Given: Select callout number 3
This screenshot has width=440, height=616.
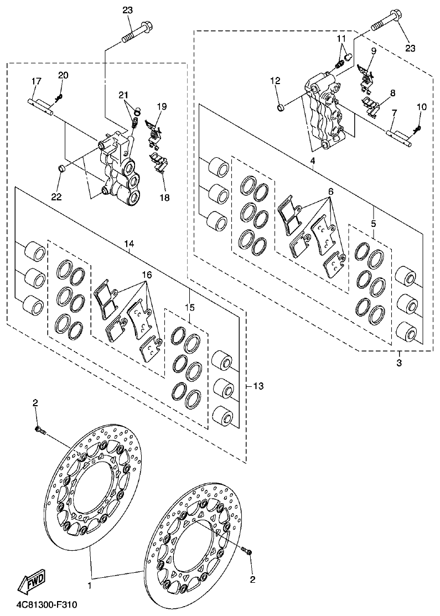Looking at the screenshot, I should click(399, 363).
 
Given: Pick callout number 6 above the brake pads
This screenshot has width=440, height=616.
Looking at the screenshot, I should click(330, 191).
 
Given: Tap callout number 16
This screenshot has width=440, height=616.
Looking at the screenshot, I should click(146, 274).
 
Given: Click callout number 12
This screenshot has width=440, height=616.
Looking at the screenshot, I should click(275, 81).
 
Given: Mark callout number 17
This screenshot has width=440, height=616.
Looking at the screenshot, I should click(36, 81).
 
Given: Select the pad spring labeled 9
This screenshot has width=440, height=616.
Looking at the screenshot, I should click(365, 75).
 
